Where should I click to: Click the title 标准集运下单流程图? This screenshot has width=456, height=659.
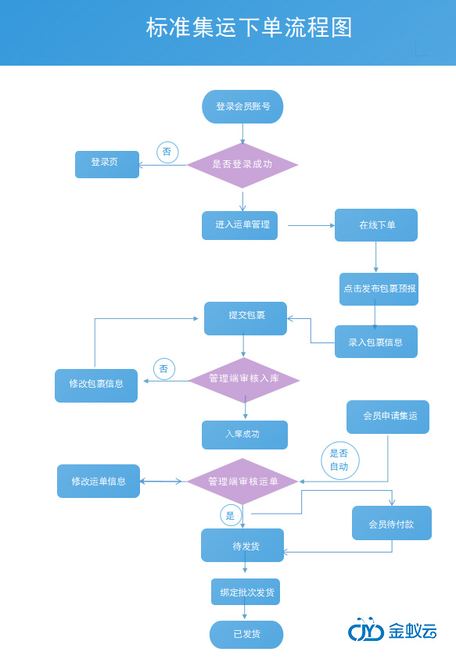click(249, 28)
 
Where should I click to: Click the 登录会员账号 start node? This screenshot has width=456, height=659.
click(242, 106)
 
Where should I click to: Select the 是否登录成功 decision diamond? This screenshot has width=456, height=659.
click(242, 165)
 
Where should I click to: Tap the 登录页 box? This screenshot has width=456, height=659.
click(107, 164)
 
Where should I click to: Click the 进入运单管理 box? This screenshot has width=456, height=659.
click(240, 225)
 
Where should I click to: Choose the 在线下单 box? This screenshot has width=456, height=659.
click(376, 225)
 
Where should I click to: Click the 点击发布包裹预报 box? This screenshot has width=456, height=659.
click(379, 288)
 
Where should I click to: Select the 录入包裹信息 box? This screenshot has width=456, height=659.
click(376, 342)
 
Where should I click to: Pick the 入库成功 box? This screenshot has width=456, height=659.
click(244, 435)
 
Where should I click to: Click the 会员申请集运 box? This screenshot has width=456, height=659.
click(388, 417)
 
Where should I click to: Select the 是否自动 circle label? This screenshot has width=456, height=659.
click(339, 460)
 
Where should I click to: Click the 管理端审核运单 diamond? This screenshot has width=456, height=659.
click(242, 482)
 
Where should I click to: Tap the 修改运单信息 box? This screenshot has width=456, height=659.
click(99, 482)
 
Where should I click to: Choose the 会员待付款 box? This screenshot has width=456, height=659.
click(391, 523)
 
